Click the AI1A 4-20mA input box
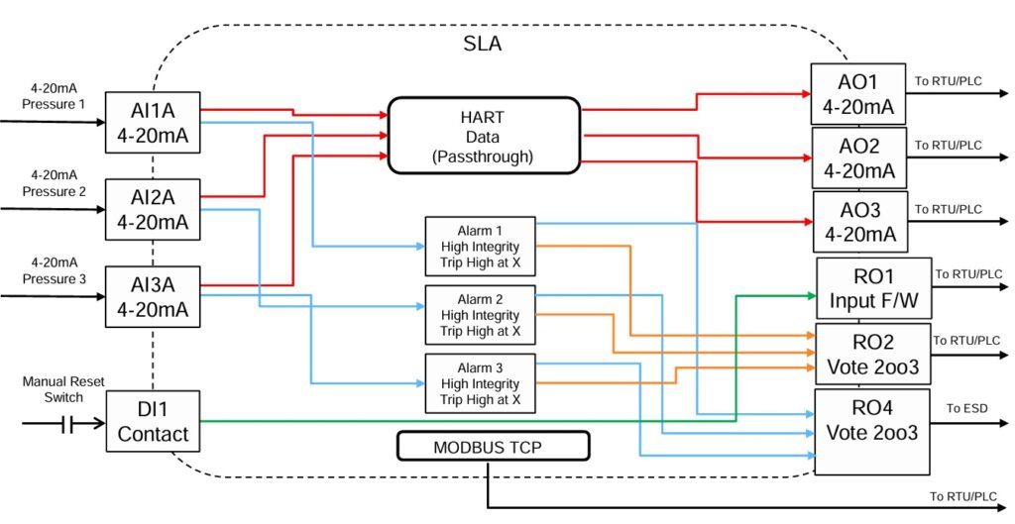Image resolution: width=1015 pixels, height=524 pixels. [x=153, y=121]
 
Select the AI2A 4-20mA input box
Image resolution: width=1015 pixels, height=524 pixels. [x=153, y=209]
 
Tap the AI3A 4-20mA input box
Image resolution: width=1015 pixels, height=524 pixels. [x=153, y=296]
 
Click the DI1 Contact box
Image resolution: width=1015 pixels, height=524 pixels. [x=153, y=421]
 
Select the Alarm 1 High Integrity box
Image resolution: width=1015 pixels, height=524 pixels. [x=480, y=246]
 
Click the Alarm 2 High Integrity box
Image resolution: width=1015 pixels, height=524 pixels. [x=480, y=314]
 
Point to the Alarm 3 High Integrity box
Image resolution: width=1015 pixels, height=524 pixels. [x=480, y=382]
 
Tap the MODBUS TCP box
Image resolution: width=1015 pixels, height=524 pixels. [x=493, y=447]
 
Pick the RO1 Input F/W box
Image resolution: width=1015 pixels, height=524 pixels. [x=873, y=288]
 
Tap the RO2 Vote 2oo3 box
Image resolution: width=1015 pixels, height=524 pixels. [x=873, y=354]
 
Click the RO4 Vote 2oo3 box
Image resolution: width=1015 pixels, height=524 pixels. [x=873, y=431]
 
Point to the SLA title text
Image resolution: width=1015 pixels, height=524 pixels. [x=482, y=44]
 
